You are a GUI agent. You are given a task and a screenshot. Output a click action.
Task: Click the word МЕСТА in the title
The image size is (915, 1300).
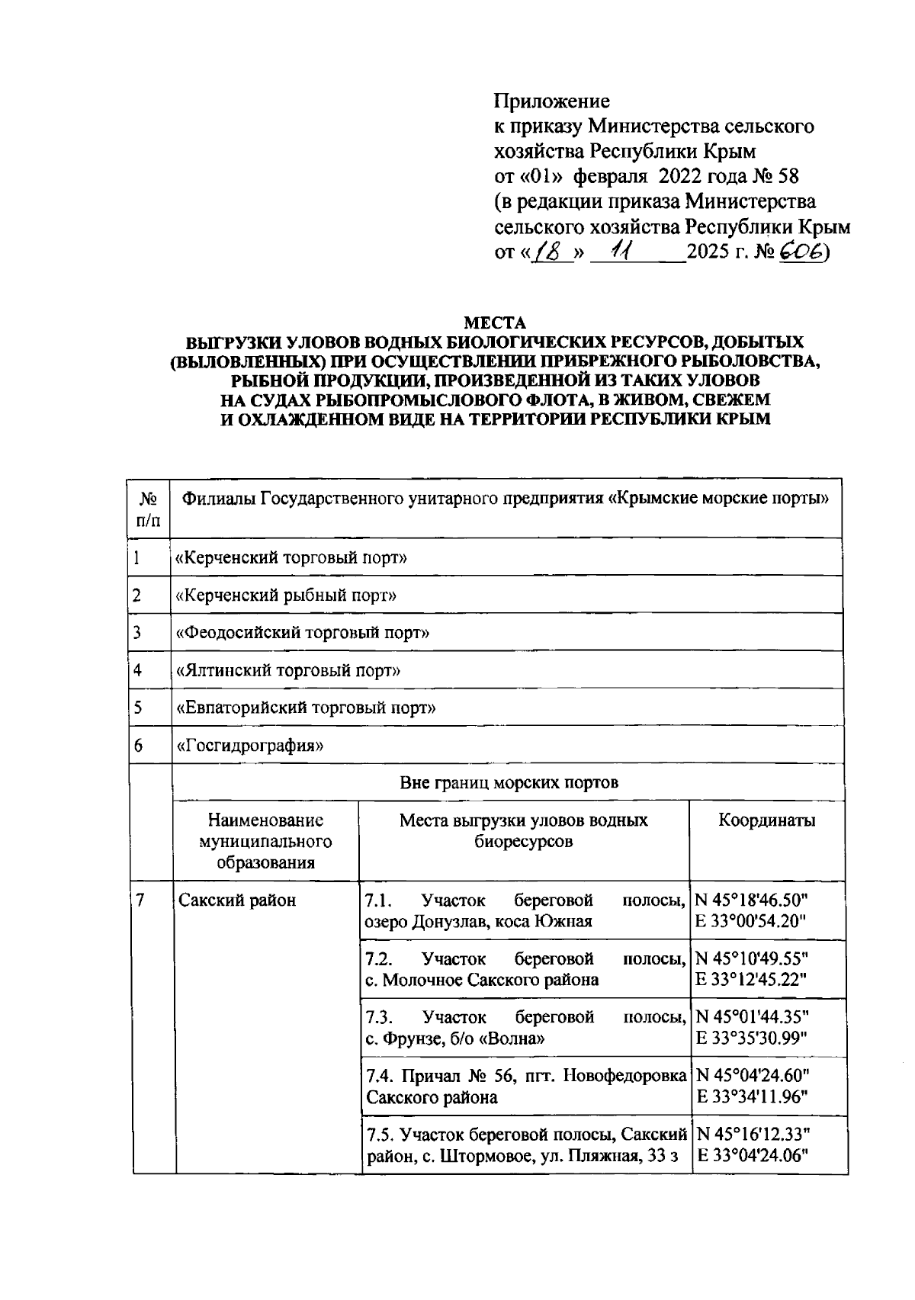(496, 323)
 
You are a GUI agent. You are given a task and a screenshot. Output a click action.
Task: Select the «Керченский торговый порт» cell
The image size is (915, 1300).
(291, 558)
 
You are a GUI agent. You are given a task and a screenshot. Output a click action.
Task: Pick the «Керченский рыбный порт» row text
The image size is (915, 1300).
(286, 595)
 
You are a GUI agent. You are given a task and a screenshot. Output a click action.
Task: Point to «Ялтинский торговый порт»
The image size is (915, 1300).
(288, 670)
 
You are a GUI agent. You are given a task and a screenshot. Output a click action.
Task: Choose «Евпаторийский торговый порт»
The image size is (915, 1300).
(306, 708)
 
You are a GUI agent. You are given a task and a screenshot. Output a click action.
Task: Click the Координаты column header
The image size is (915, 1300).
(766, 820)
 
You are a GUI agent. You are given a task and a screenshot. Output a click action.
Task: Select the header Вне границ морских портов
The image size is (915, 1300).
(509, 782)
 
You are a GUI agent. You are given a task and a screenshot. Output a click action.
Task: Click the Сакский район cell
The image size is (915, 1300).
(237, 900)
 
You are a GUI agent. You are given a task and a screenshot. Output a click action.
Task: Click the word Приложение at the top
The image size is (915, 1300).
(552, 101)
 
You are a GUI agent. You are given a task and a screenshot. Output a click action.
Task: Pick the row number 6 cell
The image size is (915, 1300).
(139, 745)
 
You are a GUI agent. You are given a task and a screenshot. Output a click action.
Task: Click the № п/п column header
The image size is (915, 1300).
(149, 509)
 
